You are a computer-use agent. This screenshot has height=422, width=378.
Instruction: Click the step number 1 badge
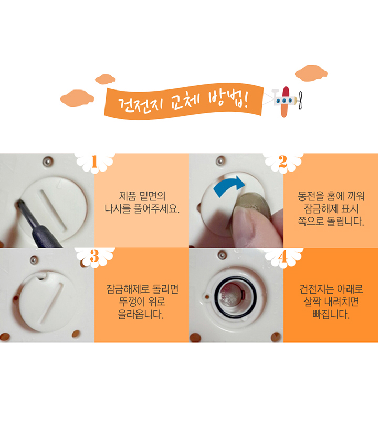pos(94,162)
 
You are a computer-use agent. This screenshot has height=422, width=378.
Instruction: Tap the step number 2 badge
pos(283,162)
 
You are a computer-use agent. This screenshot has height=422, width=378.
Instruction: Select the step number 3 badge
pos(94,256)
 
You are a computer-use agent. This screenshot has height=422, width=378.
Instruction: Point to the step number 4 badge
pos(283,256)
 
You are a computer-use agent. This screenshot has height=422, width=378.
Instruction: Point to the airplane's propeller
pos(300,101)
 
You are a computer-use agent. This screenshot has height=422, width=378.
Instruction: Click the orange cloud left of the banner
pos(77,98)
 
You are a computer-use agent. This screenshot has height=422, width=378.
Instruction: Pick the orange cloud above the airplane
pos(311,73)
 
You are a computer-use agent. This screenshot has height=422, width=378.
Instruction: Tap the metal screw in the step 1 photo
pos(48,161)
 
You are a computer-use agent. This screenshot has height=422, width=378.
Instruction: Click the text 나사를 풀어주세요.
pos(142,208)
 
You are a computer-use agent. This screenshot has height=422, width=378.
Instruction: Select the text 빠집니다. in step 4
pos(331,314)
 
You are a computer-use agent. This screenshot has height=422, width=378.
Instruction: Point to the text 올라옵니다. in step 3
pos(141,314)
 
